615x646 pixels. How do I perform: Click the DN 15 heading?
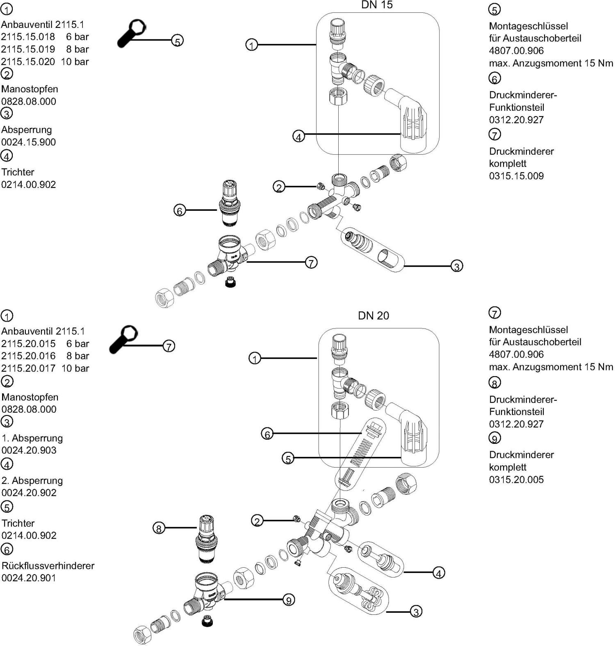click(377, 5)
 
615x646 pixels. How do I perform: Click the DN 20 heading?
click(373, 315)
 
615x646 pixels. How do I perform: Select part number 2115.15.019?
click(28, 49)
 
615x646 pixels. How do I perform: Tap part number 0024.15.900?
click(28, 142)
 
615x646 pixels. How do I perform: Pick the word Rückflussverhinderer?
click(48, 566)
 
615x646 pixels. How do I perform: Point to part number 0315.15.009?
click(516, 176)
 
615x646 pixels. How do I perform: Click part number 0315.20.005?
click(516, 479)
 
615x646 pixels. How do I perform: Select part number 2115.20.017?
click(28, 368)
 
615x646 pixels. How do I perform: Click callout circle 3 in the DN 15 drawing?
click(457, 266)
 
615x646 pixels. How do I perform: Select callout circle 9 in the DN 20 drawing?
click(289, 600)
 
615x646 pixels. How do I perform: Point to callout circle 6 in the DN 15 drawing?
click(180, 210)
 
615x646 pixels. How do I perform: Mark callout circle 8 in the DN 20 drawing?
click(159, 528)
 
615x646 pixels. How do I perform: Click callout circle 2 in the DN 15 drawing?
click(279, 187)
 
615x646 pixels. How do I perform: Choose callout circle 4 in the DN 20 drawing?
click(439, 573)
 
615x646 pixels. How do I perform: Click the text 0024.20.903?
click(29, 450)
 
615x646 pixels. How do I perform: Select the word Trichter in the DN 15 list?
click(18, 172)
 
